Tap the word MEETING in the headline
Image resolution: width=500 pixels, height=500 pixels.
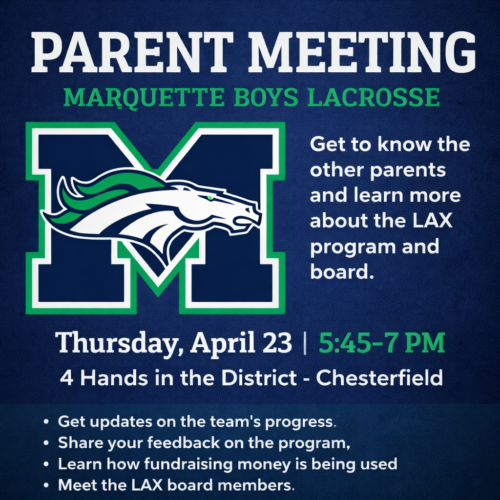(x=361, y=52)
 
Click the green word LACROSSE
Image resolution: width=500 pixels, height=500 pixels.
(x=374, y=97)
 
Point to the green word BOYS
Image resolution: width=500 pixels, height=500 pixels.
(x=266, y=97)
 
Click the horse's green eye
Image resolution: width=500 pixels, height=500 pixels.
(x=209, y=198)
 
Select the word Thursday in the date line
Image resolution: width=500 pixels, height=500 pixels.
(x=119, y=343)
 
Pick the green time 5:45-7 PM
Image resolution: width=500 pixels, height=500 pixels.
(x=382, y=343)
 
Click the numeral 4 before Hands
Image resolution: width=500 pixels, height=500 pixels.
(x=66, y=378)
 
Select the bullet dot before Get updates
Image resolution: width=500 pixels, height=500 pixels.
(x=46, y=421)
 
